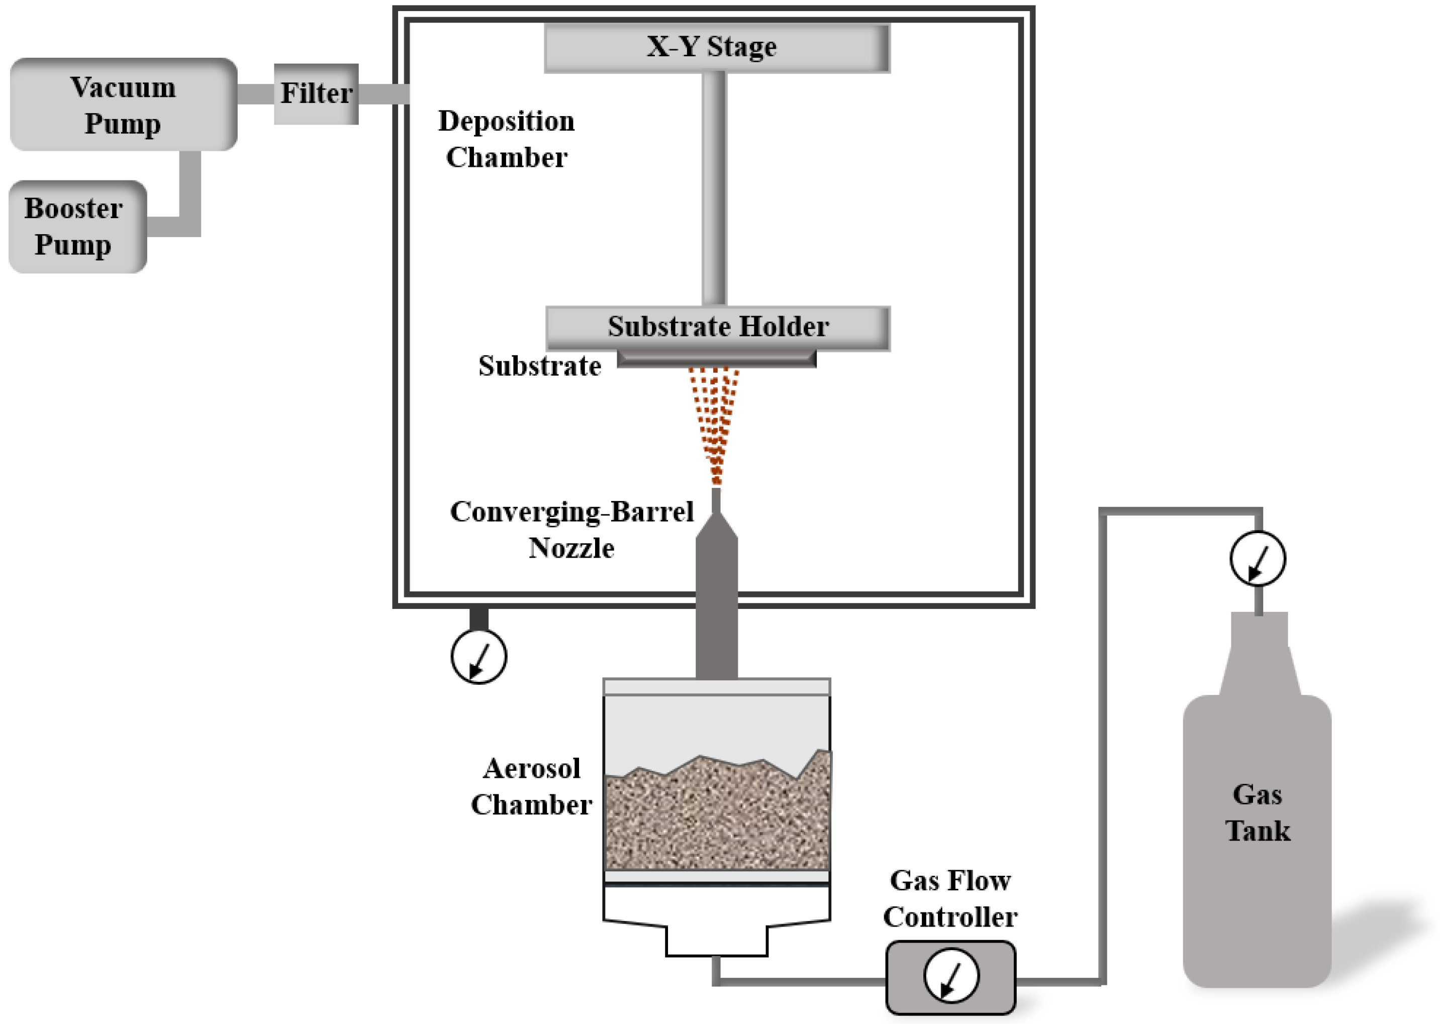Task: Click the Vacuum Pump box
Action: click(123, 104)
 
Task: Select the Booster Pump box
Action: click(77, 227)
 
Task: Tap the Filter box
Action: click(315, 93)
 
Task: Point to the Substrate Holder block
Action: click(717, 327)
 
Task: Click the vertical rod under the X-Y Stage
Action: click(714, 189)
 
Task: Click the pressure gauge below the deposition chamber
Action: click(478, 656)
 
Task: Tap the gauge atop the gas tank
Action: click(1257, 559)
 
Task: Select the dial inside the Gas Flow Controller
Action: click(950, 975)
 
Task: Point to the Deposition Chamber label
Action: click(506, 139)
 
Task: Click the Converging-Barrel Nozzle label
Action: click(571, 530)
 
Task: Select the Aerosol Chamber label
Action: click(531, 786)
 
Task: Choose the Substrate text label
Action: click(539, 366)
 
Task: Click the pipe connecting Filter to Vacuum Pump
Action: click(255, 94)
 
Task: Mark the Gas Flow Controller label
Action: click(950, 898)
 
